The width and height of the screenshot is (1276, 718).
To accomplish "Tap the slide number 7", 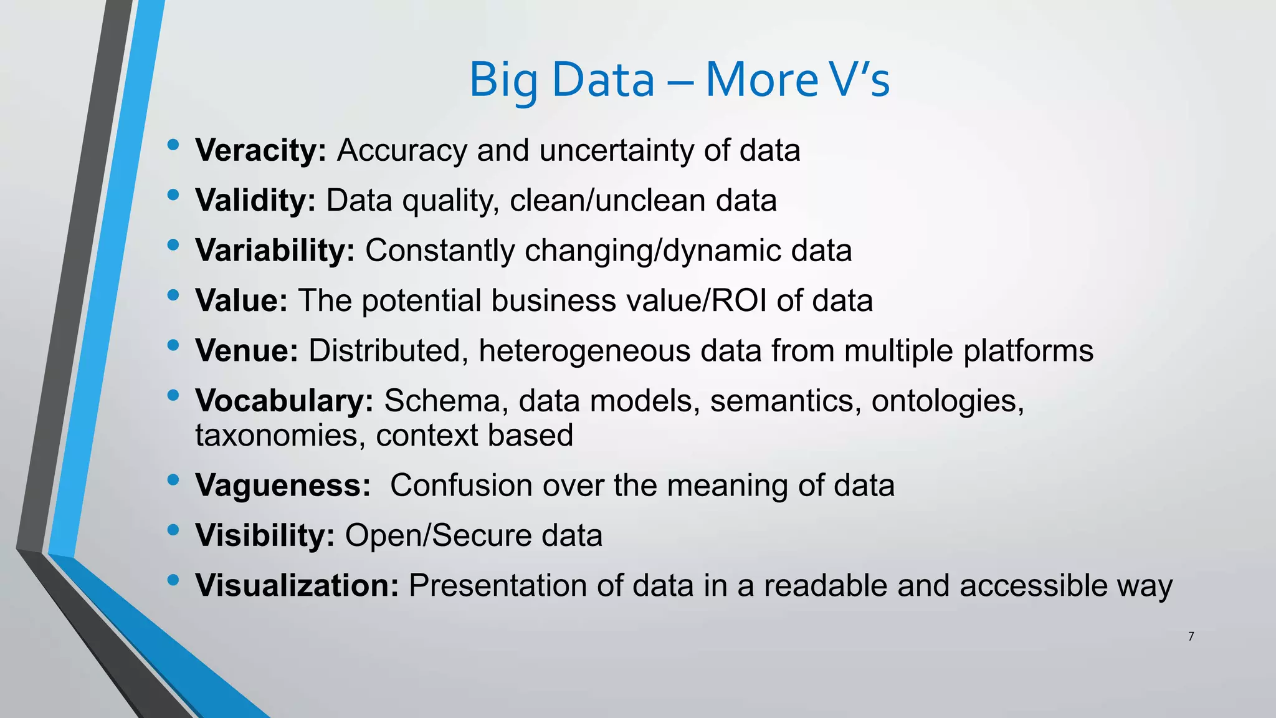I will (x=1191, y=636).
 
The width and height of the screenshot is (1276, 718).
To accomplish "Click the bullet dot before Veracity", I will (x=173, y=145).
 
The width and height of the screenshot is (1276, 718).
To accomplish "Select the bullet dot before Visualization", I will (x=173, y=580).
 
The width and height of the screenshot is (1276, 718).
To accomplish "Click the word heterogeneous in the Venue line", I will (x=584, y=350).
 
